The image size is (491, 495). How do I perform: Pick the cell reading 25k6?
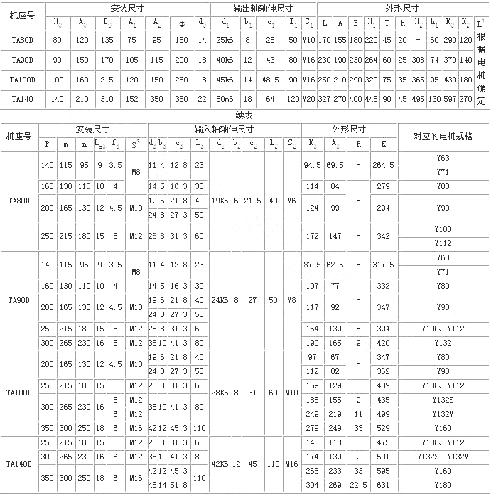225,40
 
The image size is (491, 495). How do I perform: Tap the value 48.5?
270,80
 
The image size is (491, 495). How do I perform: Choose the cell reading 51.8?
180,486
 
